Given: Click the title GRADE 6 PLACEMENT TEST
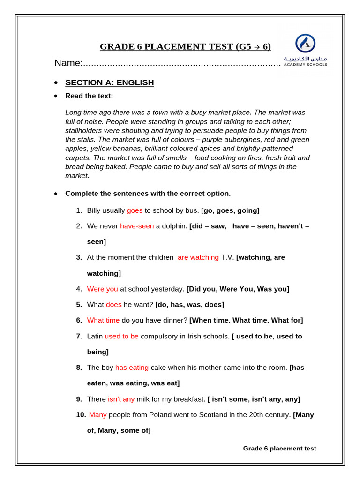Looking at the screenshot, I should (x=185, y=46).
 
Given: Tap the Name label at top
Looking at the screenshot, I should (x=68, y=63).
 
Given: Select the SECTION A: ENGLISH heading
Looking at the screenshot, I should (x=109, y=82).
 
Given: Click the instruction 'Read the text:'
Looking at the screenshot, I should (x=89, y=96).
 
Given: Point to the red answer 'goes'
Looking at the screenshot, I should (x=135, y=210).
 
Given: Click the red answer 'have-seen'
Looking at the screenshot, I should (x=137, y=226).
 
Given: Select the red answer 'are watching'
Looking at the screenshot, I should (x=198, y=257).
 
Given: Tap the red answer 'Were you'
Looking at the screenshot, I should (x=102, y=289).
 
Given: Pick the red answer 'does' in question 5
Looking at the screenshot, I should (x=113, y=305).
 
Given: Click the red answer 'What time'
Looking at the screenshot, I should (x=103, y=320).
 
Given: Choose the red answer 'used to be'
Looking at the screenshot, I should (x=121, y=336).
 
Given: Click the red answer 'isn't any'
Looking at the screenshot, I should (x=121, y=399).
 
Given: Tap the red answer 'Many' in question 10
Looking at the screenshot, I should (x=98, y=415).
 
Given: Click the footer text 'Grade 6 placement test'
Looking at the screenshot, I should (x=279, y=449).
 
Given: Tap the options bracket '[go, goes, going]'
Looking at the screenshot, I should (x=230, y=210).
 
